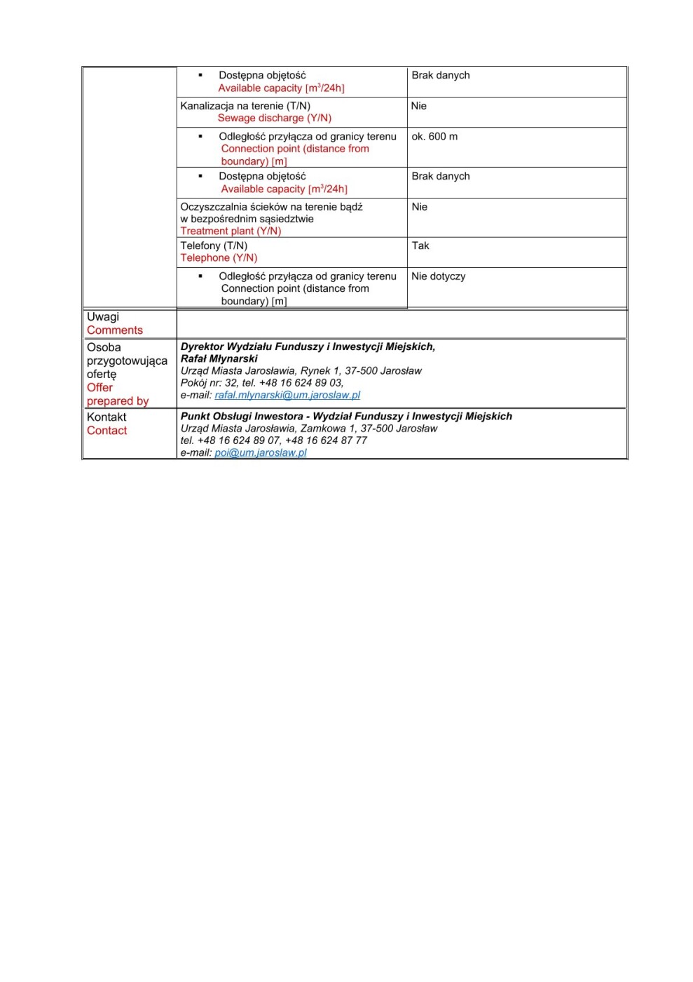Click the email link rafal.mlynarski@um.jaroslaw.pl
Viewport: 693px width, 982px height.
(287, 395)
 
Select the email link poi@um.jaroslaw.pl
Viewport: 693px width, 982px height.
(261, 452)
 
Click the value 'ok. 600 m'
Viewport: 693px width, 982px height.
(434, 136)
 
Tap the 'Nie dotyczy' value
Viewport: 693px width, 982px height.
(439, 276)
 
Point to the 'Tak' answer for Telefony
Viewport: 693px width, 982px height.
(420, 245)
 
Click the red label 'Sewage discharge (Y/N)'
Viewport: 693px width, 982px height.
(275, 118)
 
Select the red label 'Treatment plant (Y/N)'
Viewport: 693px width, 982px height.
(231, 231)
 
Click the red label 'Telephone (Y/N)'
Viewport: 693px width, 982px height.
(219, 257)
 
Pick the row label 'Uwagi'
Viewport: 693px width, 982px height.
(103, 316)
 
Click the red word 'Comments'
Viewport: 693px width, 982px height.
(115, 330)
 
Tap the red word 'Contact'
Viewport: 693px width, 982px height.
(107, 431)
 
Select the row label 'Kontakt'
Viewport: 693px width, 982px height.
(107, 417)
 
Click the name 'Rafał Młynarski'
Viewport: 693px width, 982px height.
(219, 358)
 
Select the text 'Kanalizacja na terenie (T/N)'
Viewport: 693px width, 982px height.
(245, 106)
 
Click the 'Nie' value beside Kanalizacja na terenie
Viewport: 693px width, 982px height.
(419, 106)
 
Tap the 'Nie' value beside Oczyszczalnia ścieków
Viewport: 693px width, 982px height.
(420, 207)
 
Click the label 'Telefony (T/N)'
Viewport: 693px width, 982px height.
(214, 245)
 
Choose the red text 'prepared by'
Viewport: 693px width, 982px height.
(118, 401)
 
